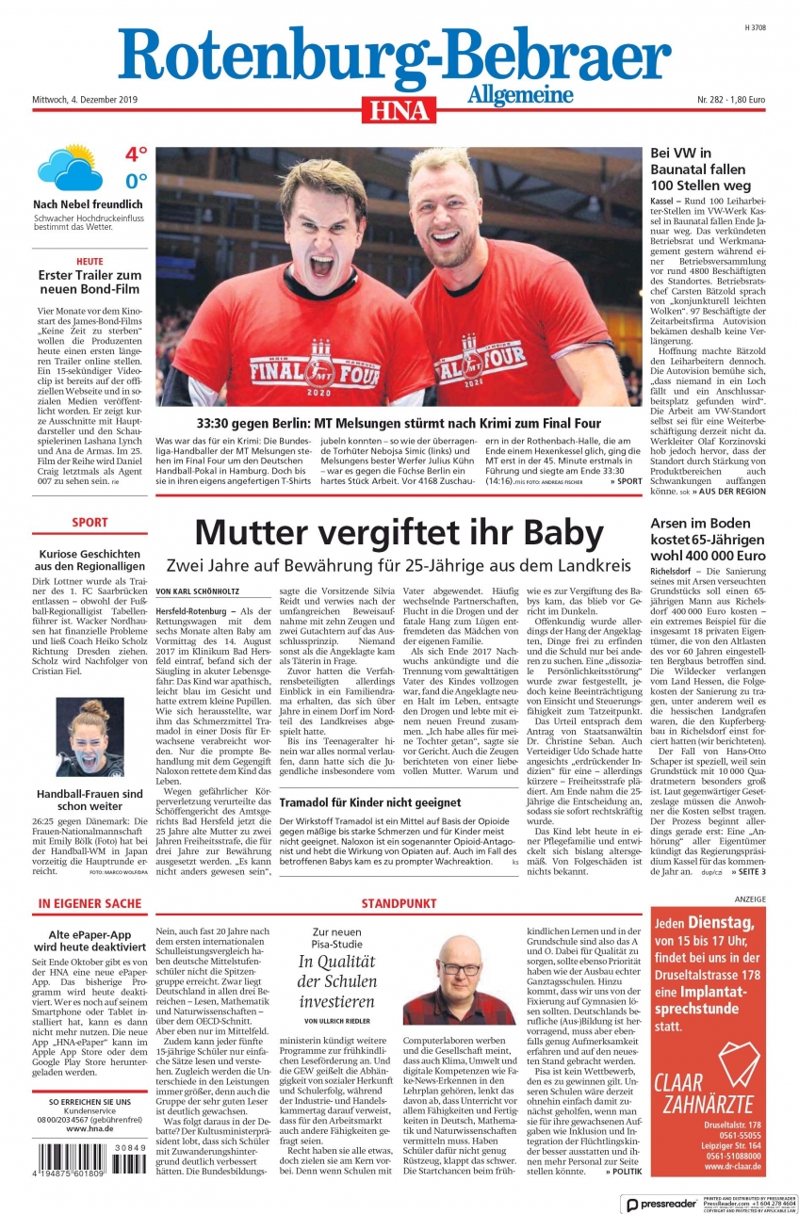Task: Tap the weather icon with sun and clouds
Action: [70, 167]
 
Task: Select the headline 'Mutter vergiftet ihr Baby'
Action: [399, 533]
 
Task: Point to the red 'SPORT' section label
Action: [90, 522]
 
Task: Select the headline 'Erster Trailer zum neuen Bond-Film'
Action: [90, 282]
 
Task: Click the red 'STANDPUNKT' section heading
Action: [399, 903]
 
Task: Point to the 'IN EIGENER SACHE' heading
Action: [90, 903]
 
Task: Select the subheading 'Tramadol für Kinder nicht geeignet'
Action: [357, 802]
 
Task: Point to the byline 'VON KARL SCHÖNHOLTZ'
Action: [197, 591]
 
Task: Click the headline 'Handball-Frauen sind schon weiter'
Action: [90, 800]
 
